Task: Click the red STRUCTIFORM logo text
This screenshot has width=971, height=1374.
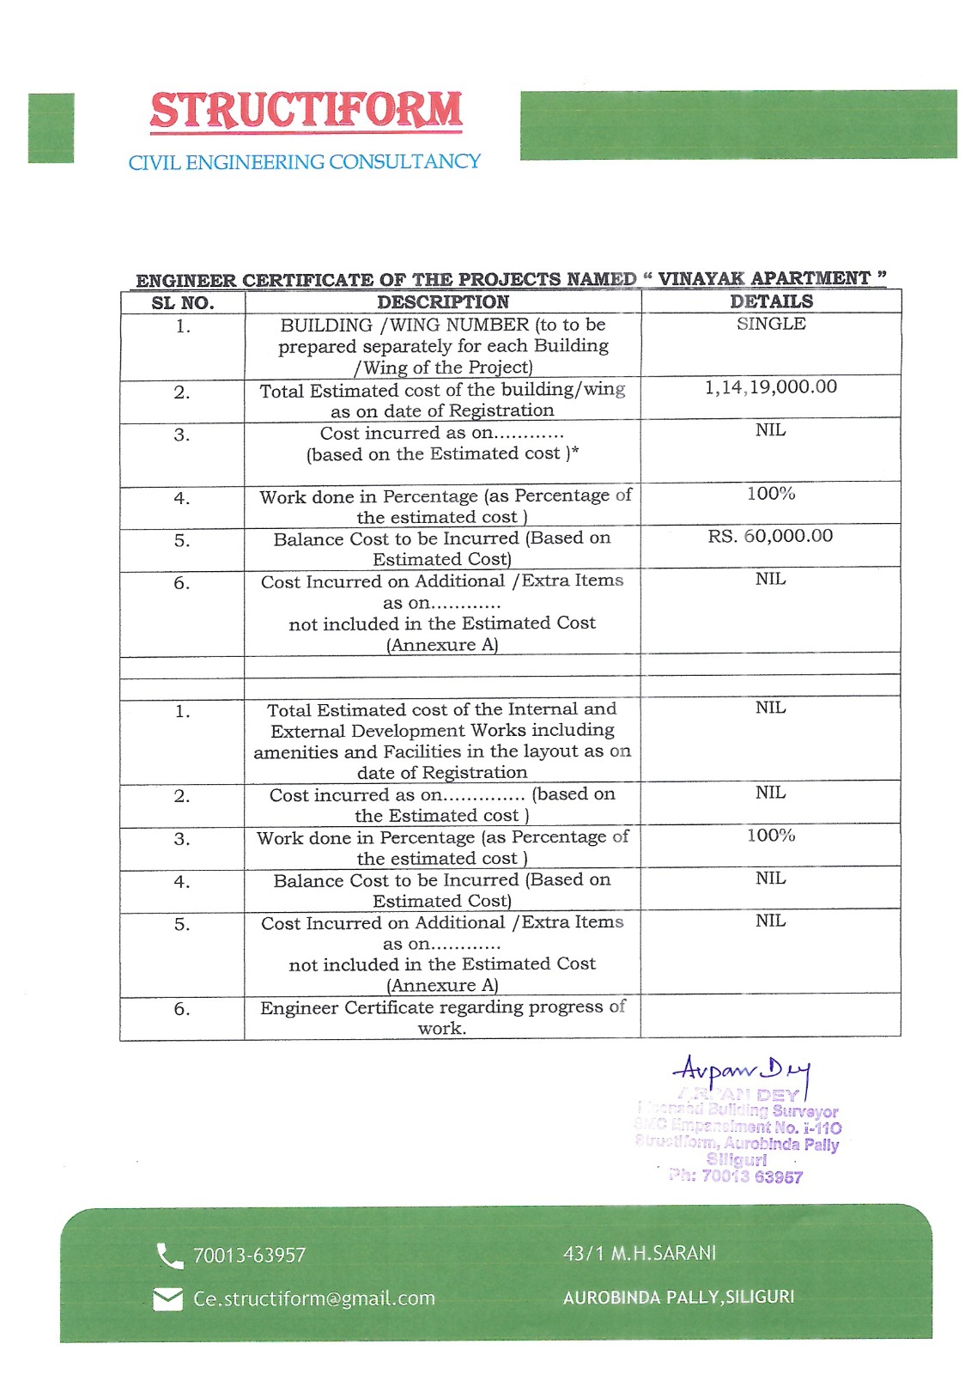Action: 306,112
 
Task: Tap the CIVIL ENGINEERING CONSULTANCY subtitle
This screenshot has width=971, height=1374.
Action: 304,162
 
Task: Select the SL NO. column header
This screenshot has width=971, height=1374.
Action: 183,302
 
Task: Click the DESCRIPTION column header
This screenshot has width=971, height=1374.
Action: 443,302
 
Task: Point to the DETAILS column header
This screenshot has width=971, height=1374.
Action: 771,301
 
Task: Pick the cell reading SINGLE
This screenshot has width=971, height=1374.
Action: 771,324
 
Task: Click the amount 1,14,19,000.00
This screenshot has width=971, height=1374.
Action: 771,387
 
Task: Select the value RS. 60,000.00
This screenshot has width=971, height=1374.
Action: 770,536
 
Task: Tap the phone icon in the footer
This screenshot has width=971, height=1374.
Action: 169,1256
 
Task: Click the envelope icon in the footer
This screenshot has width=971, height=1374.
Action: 167,1299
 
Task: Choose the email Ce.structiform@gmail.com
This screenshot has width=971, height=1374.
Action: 314,1298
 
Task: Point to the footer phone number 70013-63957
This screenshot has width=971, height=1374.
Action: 249,1255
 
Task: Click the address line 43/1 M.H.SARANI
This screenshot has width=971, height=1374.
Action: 640,1254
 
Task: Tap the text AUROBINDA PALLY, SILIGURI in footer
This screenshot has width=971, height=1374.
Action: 678,1297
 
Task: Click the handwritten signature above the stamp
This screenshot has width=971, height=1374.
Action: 741,1071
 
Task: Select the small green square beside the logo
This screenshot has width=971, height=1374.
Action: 51,128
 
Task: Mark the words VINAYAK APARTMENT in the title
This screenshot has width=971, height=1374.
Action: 764,278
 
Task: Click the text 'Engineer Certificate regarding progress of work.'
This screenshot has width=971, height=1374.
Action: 443,1018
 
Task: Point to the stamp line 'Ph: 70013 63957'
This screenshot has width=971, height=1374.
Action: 736,1176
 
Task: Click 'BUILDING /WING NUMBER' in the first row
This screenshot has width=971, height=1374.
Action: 404,325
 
